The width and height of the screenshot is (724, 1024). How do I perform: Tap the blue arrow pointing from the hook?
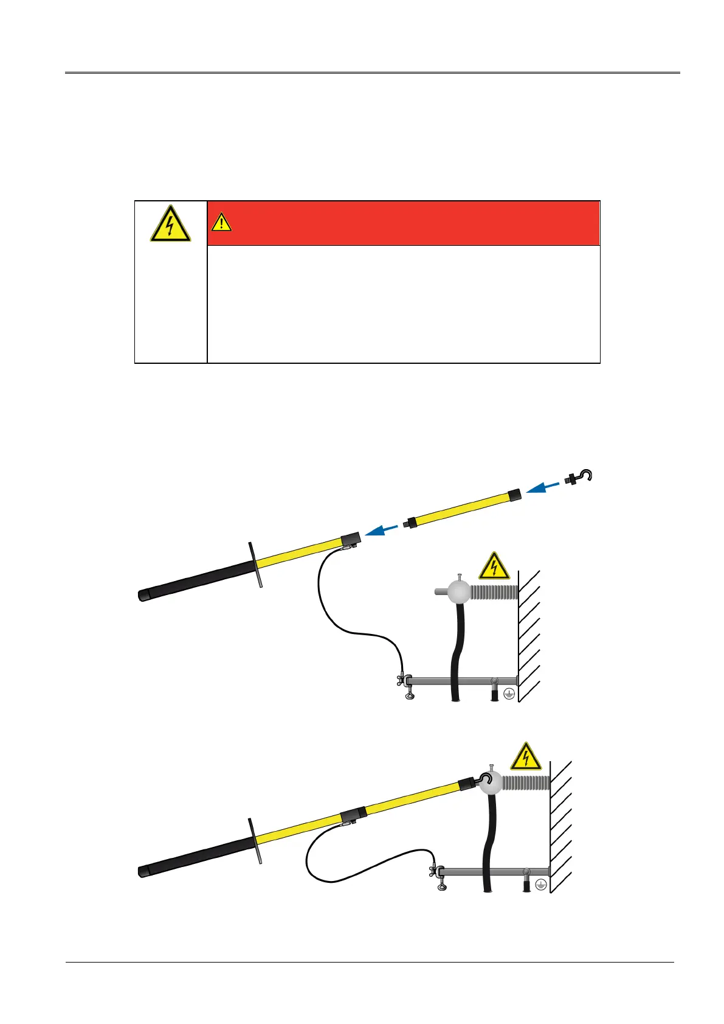pos(542,487)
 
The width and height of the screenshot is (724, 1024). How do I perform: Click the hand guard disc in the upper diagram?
pos(255,563)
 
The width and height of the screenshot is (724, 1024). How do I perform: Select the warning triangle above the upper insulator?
pos(494,566)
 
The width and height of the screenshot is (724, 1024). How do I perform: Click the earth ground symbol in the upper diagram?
pos(509,694)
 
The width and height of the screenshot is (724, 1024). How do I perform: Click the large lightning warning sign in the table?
pos(170,223)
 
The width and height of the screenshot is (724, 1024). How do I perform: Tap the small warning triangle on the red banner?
pos(221,223)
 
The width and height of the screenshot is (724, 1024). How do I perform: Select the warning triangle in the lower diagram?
pos(525,757)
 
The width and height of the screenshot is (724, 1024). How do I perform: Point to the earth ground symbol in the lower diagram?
pos(540,885)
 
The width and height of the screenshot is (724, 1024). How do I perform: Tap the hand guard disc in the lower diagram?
pos(255,840)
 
